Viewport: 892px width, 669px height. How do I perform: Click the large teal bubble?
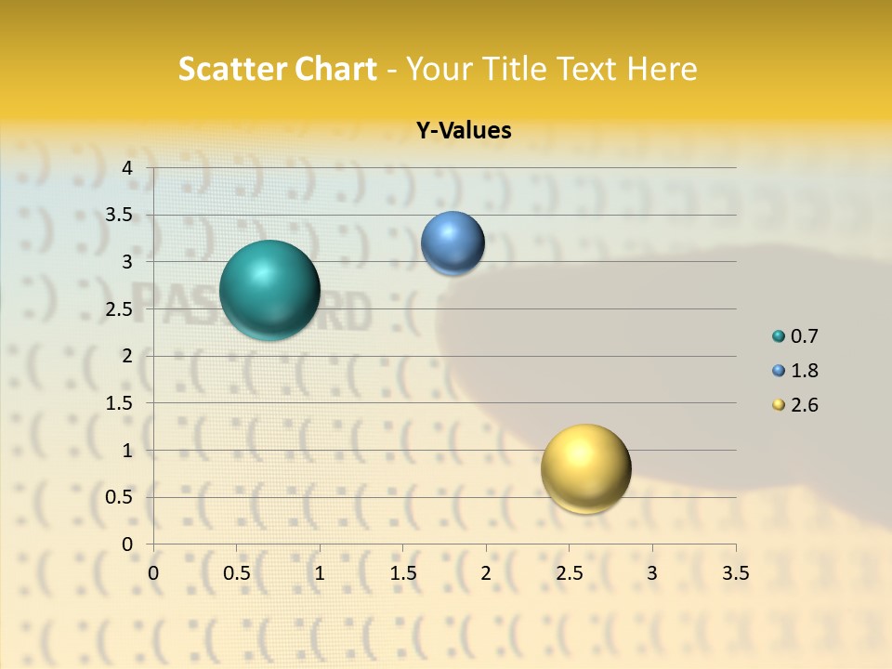tap(269, 290)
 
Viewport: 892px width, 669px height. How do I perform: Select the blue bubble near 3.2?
tap(453, 243)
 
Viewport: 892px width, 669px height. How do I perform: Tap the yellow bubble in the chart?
tap(585, 468)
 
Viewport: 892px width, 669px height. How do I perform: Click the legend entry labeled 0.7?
tap(795, 336)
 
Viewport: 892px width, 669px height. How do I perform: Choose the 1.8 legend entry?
tap(795, 371)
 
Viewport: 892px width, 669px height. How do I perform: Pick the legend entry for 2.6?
tap(795, 405)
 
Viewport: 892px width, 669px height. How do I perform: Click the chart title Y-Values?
tap(464, 131)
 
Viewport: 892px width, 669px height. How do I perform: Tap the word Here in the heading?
tap(662, 69)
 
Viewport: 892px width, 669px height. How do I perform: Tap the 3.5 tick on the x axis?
tap(735, 572)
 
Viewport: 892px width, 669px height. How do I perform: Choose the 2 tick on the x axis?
tap(486, 572)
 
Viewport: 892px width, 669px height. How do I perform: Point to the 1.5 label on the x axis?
tap(402, 572)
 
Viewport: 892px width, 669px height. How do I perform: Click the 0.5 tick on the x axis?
tap(236, 572)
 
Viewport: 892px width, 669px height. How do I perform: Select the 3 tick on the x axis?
tap(652, 572)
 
